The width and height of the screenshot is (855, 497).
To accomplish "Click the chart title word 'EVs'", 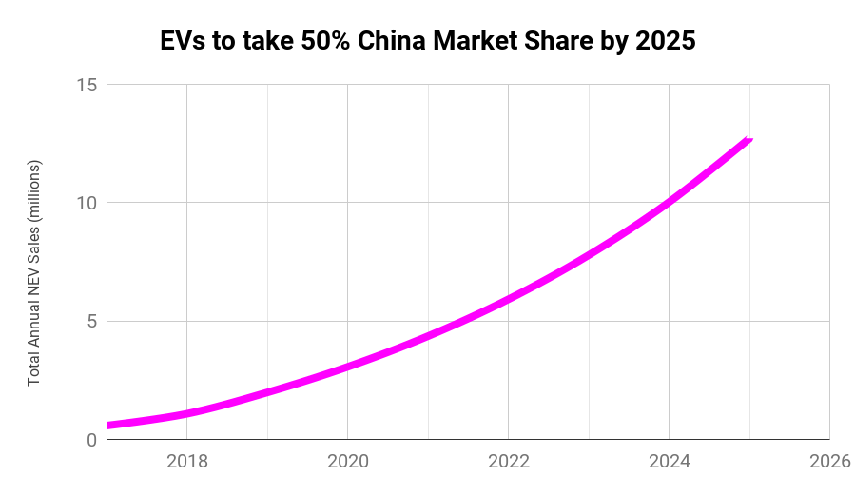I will pyautogui.click(x=181, y=42).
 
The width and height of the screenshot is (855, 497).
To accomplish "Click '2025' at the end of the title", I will pyautogui.click(x=664, y=42).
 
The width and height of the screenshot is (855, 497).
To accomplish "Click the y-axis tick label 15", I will pyautogui.click(x=87, y=85).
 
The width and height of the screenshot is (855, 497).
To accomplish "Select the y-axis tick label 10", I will pyautogui.click(x=87, y=203).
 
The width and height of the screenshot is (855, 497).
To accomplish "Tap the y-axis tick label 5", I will pyautogui.click(x=91, y=321).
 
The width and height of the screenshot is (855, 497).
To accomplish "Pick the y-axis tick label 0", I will pyautogui.click(x=91, y=439).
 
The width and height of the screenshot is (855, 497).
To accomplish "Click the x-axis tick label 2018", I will pyautogui.click(x=187, y=462).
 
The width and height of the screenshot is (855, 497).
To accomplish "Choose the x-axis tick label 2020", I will pyautogui.click(x=348, y=462).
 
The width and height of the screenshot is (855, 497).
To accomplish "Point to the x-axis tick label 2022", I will pyautogui.click(x=509, y=462).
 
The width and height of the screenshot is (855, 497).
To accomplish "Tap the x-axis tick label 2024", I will pyautogui.click(x=670, y=462).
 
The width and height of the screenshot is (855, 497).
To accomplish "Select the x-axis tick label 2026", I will pyautogui.click(x=828, y=462).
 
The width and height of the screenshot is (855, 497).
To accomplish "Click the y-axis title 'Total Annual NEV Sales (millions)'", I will pyautogui.click(x=34, y=272).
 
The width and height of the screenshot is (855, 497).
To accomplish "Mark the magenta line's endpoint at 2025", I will pyautogui.click(x=749, y=140).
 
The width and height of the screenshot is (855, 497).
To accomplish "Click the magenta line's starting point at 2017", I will pyautogui.click(x=108, y=425).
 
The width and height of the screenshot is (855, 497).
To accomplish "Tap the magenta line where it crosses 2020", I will pyautogui.click(x=348, y=366).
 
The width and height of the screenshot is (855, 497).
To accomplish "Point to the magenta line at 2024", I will pyautogui.click(x=670, y=201).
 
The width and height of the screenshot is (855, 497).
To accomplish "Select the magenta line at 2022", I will pyautogui.click(x=509, y=298).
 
